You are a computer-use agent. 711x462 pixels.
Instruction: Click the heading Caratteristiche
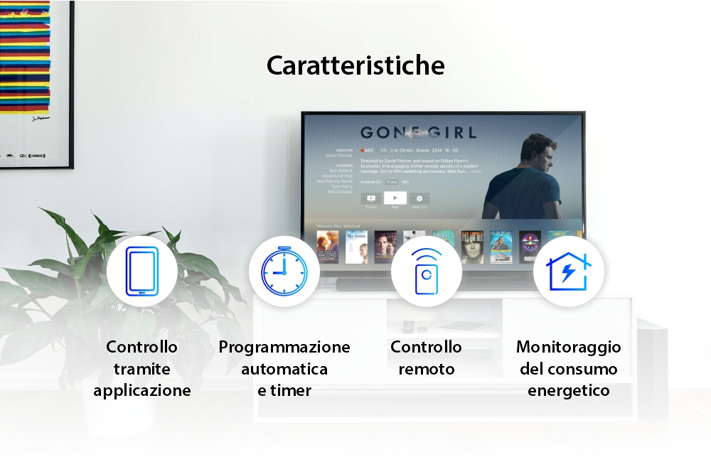[x=355, y=65]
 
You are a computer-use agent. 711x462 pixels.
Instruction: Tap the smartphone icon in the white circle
[x=142, y=271]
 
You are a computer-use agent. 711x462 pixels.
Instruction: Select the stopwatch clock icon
[x=284, y=271]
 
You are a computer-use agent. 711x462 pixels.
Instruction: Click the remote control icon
[x=426, y=271]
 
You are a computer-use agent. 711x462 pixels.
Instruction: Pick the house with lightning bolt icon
[x=568, y=271]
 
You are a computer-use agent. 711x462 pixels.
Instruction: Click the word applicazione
[x=142, y=391]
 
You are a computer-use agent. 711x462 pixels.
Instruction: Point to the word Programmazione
[x=284, y=347]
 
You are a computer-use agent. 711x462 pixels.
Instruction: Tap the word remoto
[x=426, y=369]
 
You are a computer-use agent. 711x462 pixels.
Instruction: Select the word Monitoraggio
[x=568, y=347]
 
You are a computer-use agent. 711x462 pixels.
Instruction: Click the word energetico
[x=568, y=391]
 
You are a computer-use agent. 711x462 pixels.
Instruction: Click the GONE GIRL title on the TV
[x=418, y=132]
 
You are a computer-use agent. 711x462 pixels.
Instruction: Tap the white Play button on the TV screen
[x=395, y=198]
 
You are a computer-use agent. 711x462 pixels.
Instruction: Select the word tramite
[x=142, y=369]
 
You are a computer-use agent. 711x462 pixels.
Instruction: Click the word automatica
[x=284, y=369]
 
